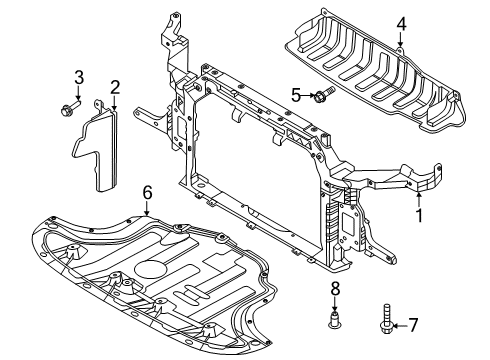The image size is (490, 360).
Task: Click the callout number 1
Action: tap(419, 213)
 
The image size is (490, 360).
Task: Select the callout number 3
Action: tap(78, 77)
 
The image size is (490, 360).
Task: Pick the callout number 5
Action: tap(295, 95)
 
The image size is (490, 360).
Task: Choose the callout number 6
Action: tap(147, 191)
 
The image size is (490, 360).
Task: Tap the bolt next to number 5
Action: tap(322, 96)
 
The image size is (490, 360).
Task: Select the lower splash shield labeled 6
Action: tap(150, 270)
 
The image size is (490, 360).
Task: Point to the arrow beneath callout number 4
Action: tap(400, 40)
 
